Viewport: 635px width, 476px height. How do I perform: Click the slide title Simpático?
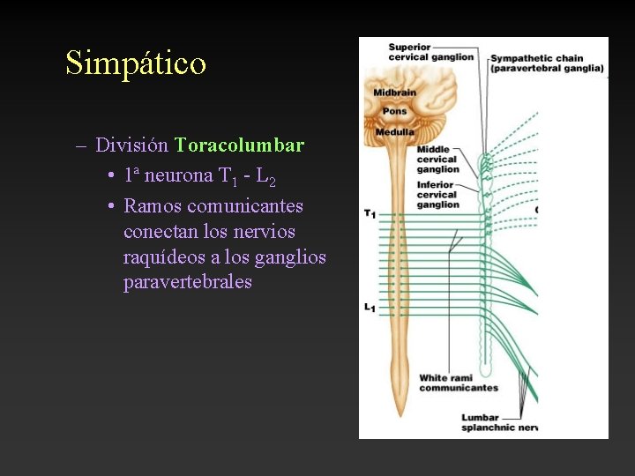coord(136,63)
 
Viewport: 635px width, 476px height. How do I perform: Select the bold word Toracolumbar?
coord(239,145)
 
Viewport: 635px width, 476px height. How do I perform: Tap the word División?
coord(132,145)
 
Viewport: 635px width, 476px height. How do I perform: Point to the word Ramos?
coord(153,206)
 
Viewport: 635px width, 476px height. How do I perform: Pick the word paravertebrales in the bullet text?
coord(188,283)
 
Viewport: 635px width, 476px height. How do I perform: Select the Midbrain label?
coord(393,93)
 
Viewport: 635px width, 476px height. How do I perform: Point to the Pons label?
coord(394,112)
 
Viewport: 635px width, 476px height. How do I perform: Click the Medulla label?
coord(394,132)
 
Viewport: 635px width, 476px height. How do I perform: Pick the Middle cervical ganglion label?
coord(438,160)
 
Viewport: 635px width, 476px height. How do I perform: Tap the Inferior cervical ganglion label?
coord(438,195)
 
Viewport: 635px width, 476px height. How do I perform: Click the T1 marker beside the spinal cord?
coord(370,214)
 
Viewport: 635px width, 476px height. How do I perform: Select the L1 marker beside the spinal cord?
coord(370,308)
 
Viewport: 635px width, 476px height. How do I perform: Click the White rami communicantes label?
coord(458,383)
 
